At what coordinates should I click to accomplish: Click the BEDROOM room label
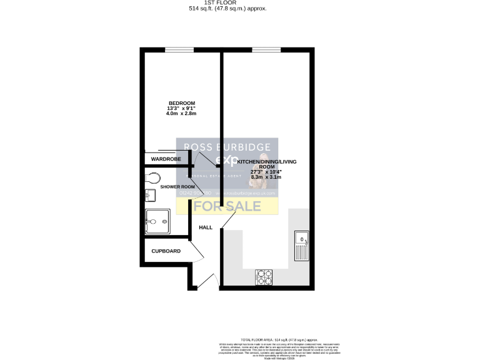click(181, 103)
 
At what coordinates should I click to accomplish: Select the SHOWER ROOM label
click(178, 187)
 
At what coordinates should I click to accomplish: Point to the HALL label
click(206, 227)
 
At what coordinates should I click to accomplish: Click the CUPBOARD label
click(166, 251)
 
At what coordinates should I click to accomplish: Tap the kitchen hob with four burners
click(263, 276)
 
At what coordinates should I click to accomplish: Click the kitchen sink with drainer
click(302, 246)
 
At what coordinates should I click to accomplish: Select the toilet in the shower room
click(150, 179)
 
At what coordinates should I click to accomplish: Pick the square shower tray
click(156, 221)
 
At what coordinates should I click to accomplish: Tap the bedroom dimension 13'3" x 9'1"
click(181, 109)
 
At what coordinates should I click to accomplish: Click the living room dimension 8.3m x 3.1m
click(267, 177)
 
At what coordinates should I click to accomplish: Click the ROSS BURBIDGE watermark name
click(227, 147)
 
